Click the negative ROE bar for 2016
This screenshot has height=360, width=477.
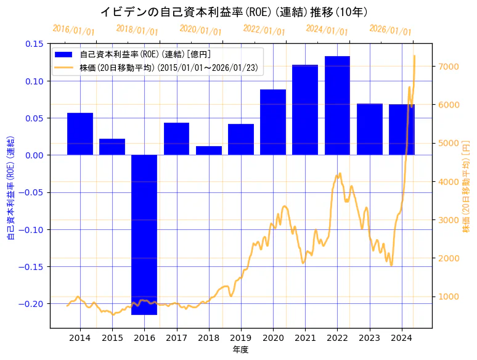pyautogui.click(x=144, y=234)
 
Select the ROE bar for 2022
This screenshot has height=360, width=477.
pyautogui.click(x=337, y=105)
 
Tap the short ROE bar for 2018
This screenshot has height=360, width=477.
pyautogui.click(x=208, y=150)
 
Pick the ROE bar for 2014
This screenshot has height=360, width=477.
pyautogui.click(x=80, y=134)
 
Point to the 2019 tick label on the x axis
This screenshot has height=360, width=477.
pyautogui.click(x=241, y=338)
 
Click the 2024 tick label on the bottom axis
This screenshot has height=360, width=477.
pyautogui.click(x=402, y=338)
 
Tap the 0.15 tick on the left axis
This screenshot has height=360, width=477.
pyautogui.click(x=34, y=44)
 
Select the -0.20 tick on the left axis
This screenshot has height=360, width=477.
pyautogui.click(x=32, y=304)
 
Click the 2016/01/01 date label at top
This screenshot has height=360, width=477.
pyautogui.click(x=74, y=30)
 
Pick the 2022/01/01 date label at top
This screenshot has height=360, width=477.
pyautogui.click(x=264, y=30)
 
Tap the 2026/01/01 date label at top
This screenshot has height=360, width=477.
pyautogui.click(x=390, y=30)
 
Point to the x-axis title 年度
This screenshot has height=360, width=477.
pyautogui.click(x=241, y=350)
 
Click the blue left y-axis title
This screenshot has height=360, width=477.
pyautogui.click(x=10, y=186)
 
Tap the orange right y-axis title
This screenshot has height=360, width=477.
pyautogui.click(x=466, y=186)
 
